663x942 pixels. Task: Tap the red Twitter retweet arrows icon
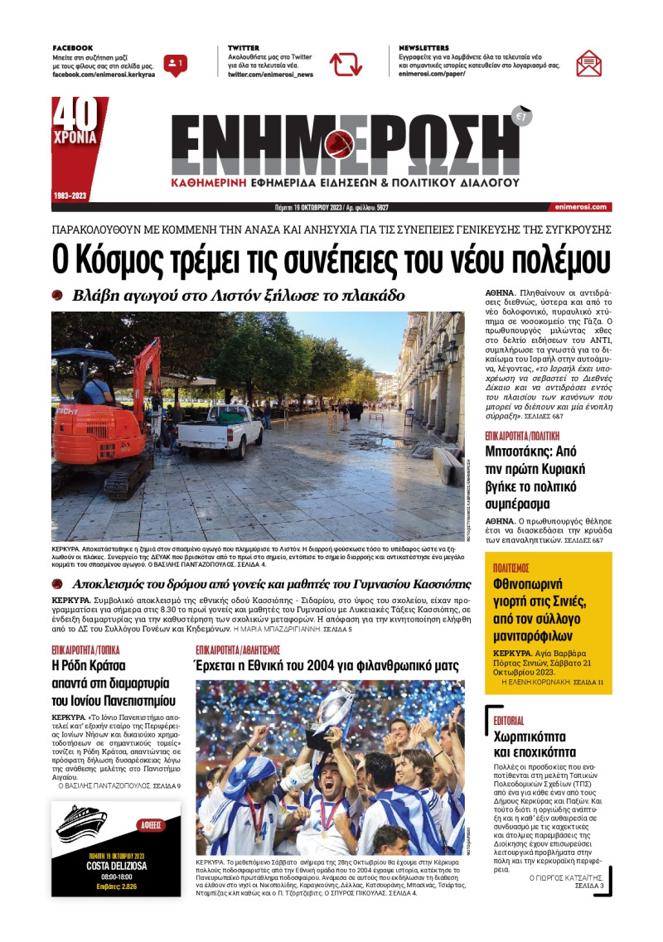click(x=346, y=64)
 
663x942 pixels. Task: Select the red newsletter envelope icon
click(x=588, y=64)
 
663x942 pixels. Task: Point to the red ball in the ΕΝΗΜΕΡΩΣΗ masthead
click(x=339, y=147)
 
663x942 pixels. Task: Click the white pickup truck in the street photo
click(x=220, y=430)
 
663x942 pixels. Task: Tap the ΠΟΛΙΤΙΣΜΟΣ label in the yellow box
click(x=511, y=568)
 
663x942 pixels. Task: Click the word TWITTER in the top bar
click(x=244, y=48)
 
